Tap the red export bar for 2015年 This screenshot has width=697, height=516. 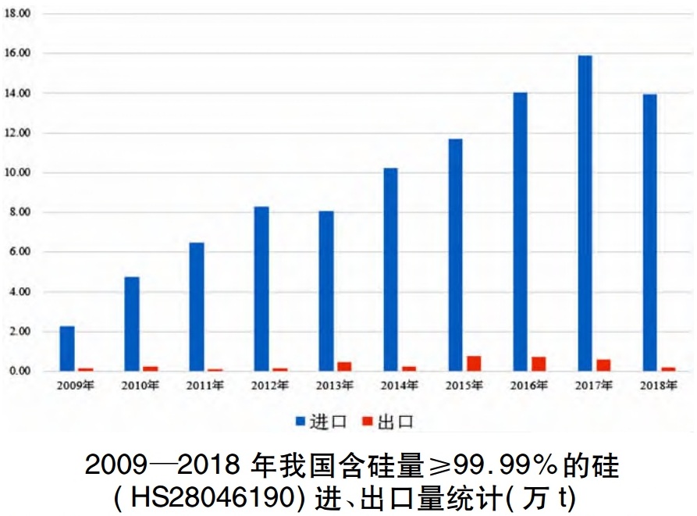[x=473, y=363]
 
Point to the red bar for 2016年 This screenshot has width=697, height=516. [x=539, y=364]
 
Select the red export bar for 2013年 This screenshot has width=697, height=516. [x=344, y=366]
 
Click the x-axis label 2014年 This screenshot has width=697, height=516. [x=400, y=385]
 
